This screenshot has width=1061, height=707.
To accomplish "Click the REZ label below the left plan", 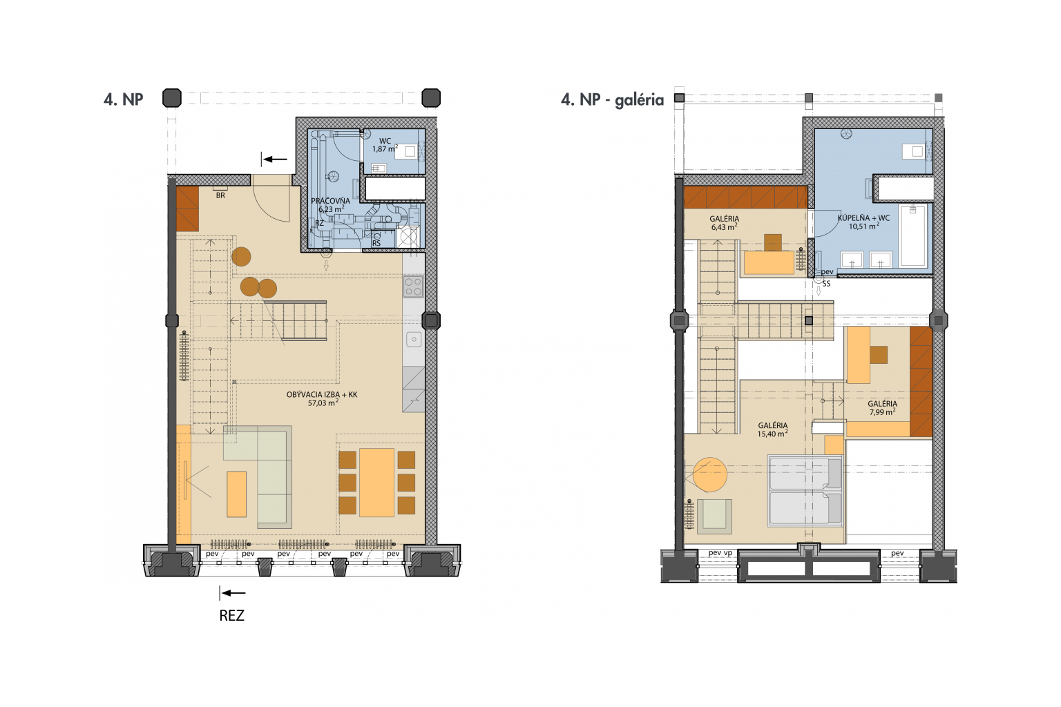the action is click(x=231, y=615).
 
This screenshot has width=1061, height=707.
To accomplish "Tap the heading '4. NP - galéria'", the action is click(x=613, y=100).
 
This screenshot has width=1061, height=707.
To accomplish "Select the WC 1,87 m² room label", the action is click(x=385, y=145).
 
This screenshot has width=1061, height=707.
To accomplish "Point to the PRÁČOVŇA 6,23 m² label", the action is click(x=331, y=205).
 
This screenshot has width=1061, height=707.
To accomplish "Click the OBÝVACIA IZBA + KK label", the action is click(x=322, y=399).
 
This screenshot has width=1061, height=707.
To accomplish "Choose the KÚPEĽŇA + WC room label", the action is click(x=863, y=222).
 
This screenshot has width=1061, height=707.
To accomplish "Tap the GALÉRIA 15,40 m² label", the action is click(x=772, y=429).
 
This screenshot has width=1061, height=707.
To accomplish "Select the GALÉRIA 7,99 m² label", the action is click(x=882, y=408).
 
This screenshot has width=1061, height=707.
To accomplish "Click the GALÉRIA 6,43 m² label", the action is click(x=724, y=223).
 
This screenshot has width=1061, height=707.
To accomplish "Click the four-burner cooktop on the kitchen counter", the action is click(x=413, y=287).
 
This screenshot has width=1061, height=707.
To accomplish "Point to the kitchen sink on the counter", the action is click(x=414, y=339).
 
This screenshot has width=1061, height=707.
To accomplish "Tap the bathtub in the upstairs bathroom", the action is click(x=912, y=235).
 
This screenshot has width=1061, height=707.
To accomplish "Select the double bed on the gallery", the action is click(x=805, y=491).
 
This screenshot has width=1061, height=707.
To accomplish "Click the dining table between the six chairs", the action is click(x=376, y=483).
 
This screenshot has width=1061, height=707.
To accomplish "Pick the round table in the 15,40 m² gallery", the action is click(x=709, y=474).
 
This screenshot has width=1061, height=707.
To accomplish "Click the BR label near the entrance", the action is click(x=220, y=195).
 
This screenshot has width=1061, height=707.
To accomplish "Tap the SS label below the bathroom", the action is click(x=826, y=284).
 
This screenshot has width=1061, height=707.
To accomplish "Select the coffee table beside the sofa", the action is click(x=236, y=494).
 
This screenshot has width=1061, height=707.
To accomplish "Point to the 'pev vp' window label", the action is click(x=720, y=552).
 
